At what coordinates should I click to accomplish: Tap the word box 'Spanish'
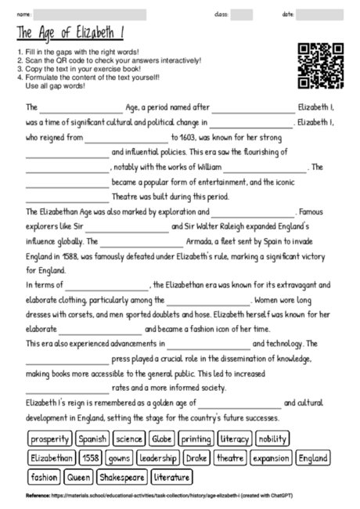coord(93,439)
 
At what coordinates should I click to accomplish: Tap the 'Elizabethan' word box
coord(52,457)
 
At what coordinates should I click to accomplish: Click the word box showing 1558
coord(89,457)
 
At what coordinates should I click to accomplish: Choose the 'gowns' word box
coord(119,457)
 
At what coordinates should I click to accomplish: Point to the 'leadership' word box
coord(158,457)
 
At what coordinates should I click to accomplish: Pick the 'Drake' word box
coord(196,457)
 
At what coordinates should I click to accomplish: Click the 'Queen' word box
coord(79,476)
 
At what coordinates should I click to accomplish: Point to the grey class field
coord(241,14)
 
